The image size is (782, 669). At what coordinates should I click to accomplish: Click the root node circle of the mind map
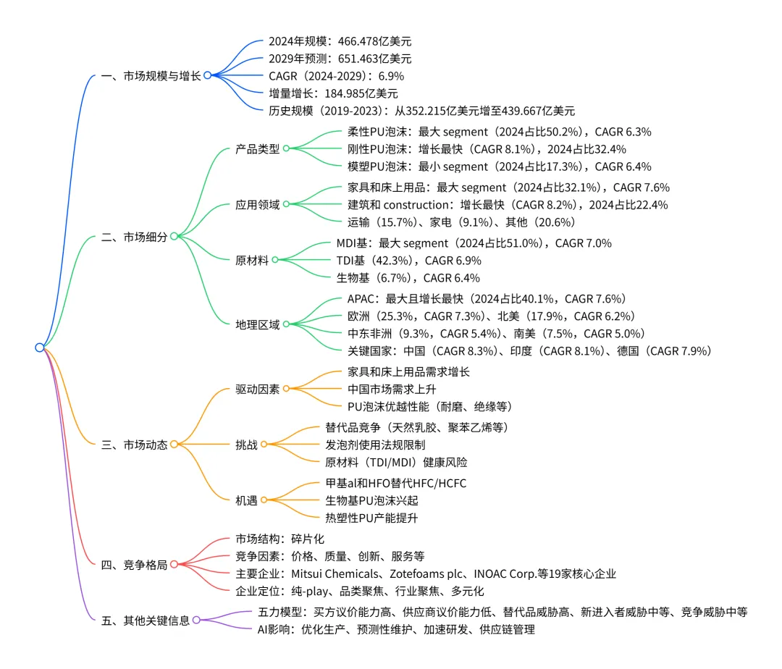coord(40,348)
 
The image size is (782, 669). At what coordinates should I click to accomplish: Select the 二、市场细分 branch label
coord(135,236)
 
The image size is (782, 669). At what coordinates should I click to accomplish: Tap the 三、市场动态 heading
coord(135,445)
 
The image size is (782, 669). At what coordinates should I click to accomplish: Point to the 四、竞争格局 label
coord(135,565)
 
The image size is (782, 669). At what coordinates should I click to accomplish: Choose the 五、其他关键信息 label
coord(146,620)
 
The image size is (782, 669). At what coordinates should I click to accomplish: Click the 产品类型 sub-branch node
coord(257,149)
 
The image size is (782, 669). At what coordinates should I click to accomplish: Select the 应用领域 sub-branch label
coord(257,204)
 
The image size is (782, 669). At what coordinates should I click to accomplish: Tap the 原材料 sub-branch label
coord(251,260)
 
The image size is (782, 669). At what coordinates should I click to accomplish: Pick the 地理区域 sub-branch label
coord(257,324)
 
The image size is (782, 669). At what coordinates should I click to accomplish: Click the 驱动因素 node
coord(257,389)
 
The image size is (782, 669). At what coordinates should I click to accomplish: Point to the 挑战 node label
coord(246,445)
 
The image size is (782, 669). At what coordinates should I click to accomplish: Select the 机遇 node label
coord(246,500)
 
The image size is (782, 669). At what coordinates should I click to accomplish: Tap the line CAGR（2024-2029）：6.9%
coord(336,76)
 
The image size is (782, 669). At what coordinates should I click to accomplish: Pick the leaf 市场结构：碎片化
coord(280,539)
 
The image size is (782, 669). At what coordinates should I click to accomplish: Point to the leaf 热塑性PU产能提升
coord(372,518)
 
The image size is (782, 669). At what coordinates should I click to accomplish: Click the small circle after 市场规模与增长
coord(207,75)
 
